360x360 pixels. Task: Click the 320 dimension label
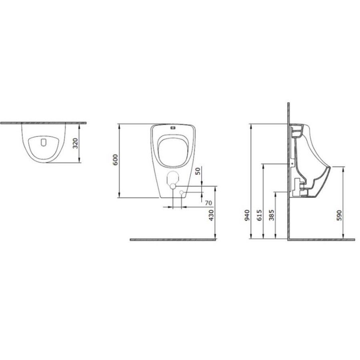coord(76,143)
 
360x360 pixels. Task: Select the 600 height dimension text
coord(115,160)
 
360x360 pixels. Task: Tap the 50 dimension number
coord(198,171)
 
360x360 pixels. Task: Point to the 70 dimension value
coord(208,203)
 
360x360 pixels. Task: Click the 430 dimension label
coord(211,215)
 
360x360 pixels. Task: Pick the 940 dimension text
coord(247,215)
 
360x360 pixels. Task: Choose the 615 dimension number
coord(260,215)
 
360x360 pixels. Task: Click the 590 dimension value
coord(339,215)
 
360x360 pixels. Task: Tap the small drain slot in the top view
coord(44,142)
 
